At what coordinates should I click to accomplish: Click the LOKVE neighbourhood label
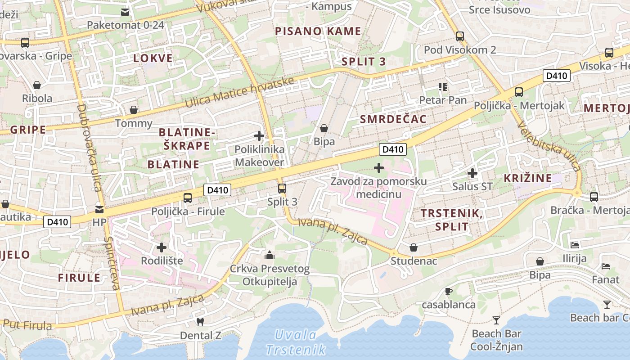click(153, 58)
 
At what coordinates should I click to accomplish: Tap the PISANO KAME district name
click(318, 31)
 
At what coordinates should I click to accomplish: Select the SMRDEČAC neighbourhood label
click(393, 119)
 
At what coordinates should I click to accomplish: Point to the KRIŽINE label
click(528, 178)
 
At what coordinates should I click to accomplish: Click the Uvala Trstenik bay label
click(296, 342)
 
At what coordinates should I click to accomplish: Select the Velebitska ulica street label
click(549, 147)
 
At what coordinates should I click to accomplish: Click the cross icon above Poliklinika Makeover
click(259, 135)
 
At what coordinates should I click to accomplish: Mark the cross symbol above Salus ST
click(472, 173)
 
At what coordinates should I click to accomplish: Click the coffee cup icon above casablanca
click(448, 291)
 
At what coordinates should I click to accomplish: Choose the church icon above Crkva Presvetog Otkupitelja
click(270, 256)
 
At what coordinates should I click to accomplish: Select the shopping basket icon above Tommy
click(134, 110)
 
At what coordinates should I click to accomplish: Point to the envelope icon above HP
click(99, 209)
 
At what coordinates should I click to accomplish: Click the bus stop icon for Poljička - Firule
click(188, 198)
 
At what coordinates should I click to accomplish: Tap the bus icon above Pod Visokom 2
click(459, 36)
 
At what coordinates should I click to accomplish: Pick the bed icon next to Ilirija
click(575, 245)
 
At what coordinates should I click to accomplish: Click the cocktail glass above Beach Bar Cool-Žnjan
click(496, 320)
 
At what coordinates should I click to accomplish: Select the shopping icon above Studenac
click(414, 247)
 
